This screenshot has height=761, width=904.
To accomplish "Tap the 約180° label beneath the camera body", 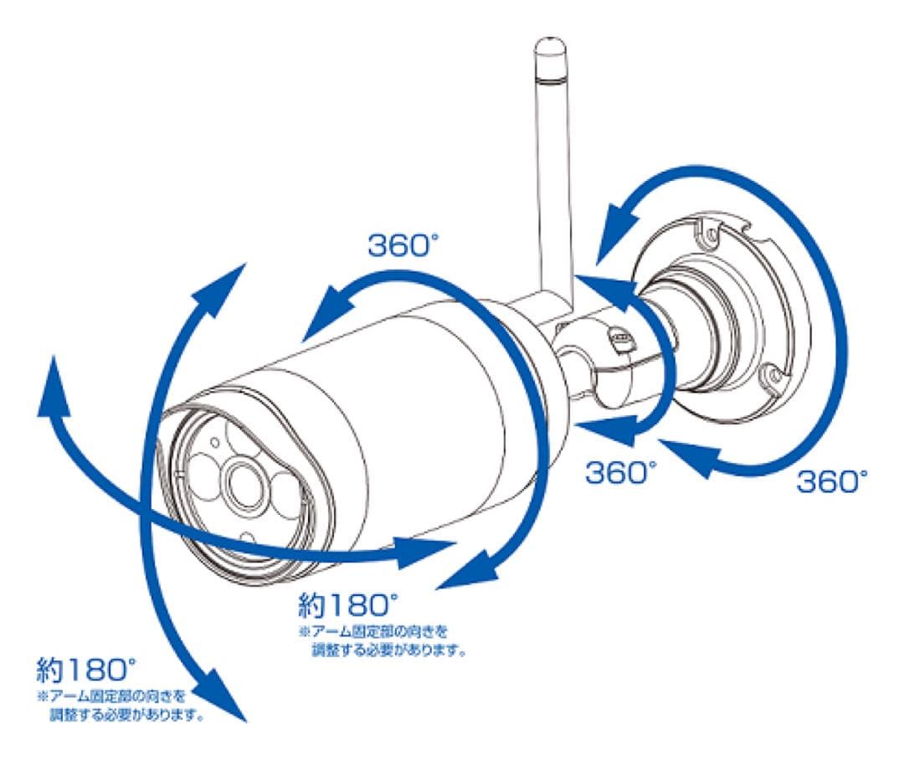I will (x=343, y=604).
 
